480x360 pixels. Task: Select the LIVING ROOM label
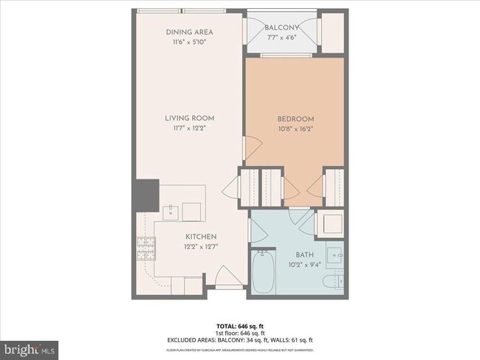[x=189, y=117]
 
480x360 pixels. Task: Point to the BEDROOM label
[x=295, y=119]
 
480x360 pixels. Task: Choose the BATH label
[x=295, y=255]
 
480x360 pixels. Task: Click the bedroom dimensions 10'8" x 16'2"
[x=295, y=129]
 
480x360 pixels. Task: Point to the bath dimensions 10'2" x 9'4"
[x=295, y=265]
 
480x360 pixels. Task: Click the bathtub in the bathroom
[x=263, y=271]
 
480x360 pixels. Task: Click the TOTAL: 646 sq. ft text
[x=239, y=325]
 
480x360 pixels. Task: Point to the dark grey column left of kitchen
[x=145, y=195]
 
